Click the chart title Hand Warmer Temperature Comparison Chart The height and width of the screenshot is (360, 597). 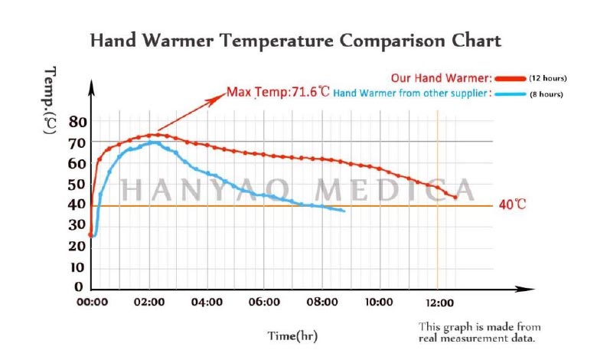[x=295, y=40]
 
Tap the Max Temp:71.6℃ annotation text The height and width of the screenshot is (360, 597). [x=278, y=93]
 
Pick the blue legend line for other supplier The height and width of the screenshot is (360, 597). [x=510, y=94]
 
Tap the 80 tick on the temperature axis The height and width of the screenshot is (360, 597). [x=77, y=122]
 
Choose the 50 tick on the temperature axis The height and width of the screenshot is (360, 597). [x=77, y=185]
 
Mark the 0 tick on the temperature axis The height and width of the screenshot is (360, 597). [x=78, y=287]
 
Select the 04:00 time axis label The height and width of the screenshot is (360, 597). [x=206, y=303]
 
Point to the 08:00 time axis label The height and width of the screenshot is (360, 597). [x=321, y=303]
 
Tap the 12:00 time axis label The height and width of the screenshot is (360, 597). [x=437, y=303]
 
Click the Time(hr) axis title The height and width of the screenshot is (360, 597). [x=292, y=335]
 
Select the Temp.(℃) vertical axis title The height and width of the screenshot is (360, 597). [x=51, y=100]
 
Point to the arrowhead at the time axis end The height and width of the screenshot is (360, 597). [x=530, y=289]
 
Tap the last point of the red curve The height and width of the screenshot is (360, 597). [x=455, y=198]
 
